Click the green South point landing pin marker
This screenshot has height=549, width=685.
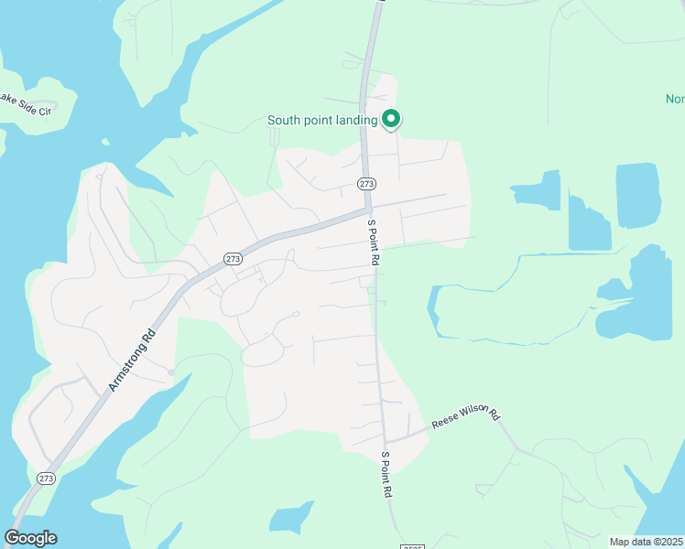tap(391, 119)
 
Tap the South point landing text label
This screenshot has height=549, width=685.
tap(322, 120)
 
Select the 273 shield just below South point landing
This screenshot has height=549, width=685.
tap(366, 184)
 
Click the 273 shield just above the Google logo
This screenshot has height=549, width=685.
tap(46, 478)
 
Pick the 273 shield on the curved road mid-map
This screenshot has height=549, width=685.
tap(233, 259)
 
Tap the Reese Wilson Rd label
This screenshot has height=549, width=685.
tap(467, 415)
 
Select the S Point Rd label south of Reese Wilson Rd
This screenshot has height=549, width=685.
tap(387, 474)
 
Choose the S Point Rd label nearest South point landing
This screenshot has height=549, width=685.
tap(374, 242)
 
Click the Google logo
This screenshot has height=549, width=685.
tap(30, 538)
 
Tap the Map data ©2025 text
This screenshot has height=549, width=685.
tap(644, 541)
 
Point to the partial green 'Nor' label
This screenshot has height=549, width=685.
tap(674, 99)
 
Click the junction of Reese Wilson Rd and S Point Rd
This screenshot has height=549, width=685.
tap(386, 441)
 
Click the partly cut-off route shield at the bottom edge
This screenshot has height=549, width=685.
tap(412, 545)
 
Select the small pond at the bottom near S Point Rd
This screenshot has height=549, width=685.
tap(293, 518)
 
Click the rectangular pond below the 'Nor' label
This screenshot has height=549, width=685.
tap(637, 195)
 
